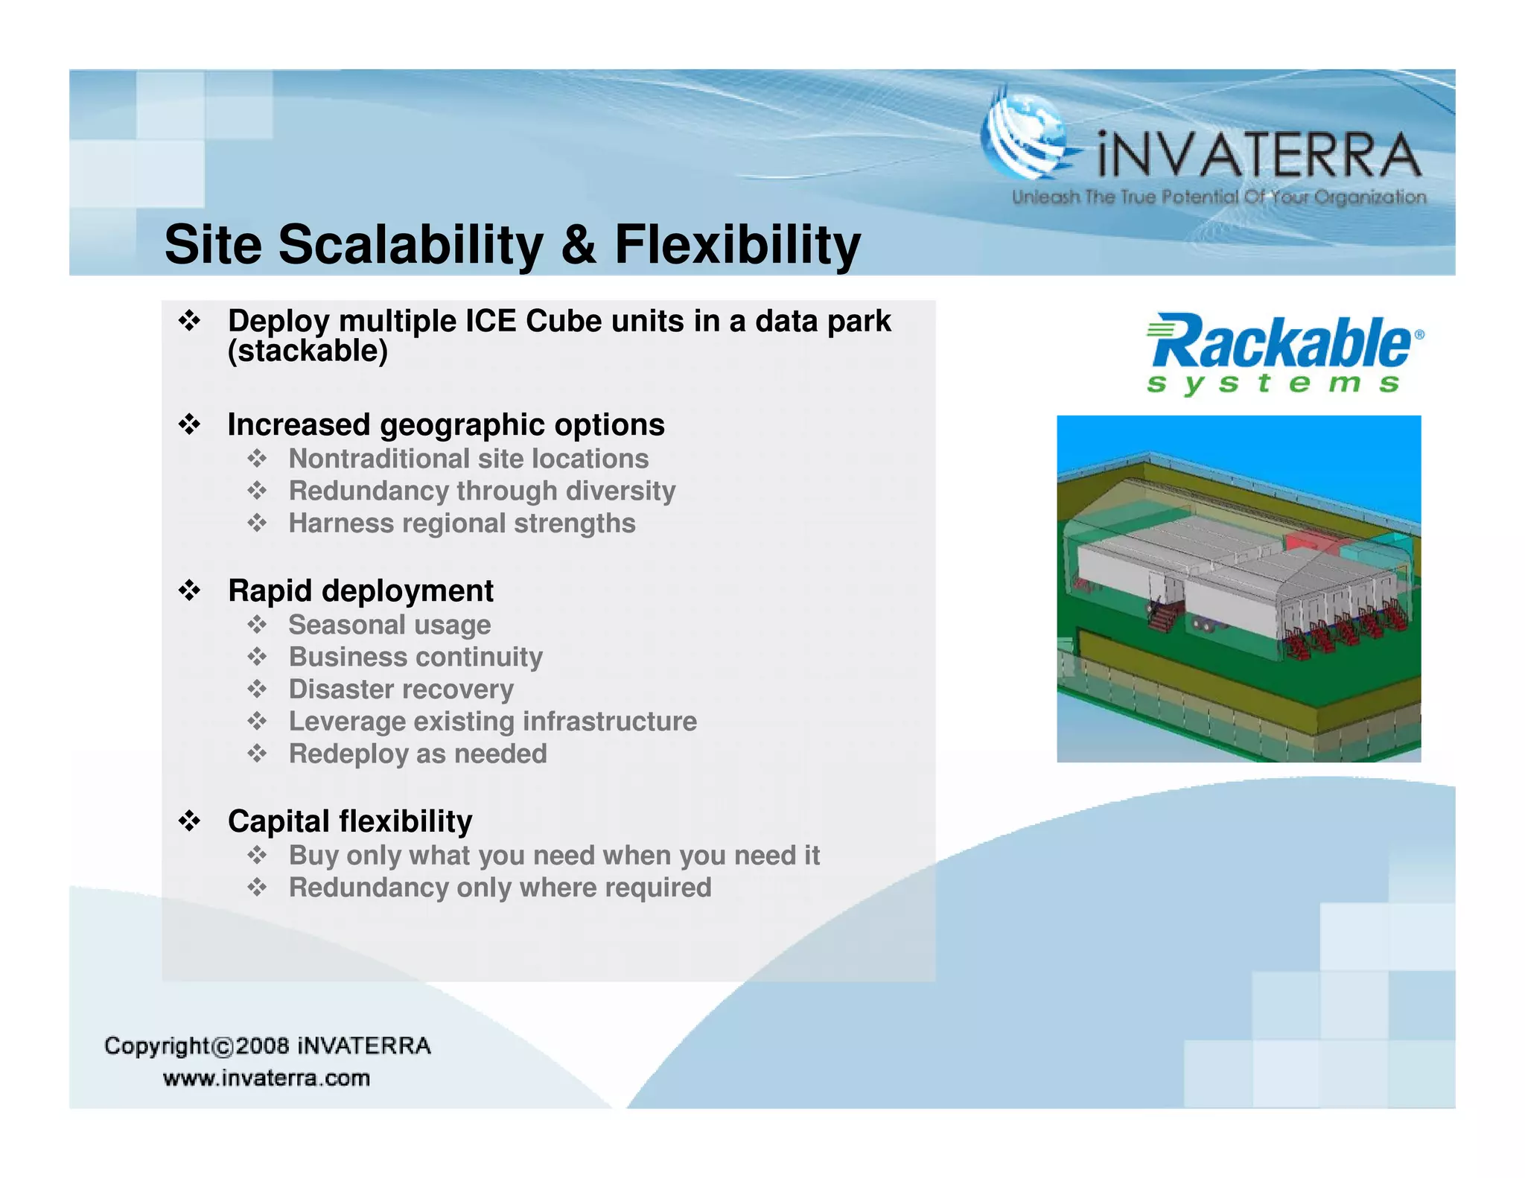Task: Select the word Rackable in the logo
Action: [x=1279, y=343]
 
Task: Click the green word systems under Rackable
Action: [x=1273, y=383]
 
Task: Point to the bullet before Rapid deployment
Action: [x=190, y=590]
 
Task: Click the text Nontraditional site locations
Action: [x=468, y=459]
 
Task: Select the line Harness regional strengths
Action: [x=462, y=523]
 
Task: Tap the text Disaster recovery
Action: [x=401, y=690]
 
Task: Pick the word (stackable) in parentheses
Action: [x=308, y=351]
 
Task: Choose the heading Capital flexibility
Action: [x=350, y=821]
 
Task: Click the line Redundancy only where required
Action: [x=500, y=888]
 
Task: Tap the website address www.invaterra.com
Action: [x=267, y=1078]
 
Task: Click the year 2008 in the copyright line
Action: [x=262, y=1045]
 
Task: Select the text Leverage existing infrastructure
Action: [x=492, y=722]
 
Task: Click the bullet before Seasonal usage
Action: [x=257, y=625]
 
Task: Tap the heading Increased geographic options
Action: [x=445, y=425]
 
